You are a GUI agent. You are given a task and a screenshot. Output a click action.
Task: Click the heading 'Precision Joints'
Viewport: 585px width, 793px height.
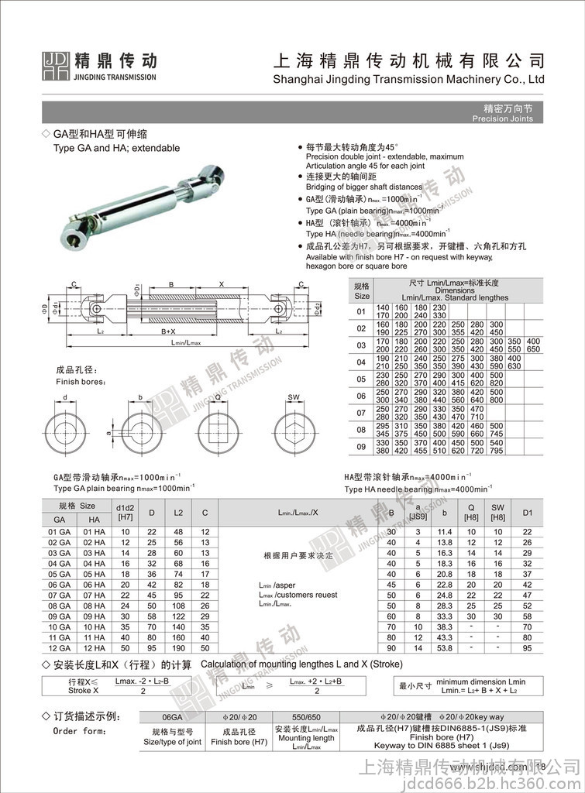click(508, 118)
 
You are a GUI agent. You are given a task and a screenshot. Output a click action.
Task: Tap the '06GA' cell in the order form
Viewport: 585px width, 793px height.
click(172, 716)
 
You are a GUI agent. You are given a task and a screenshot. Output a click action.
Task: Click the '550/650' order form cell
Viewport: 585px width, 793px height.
click(305, 716)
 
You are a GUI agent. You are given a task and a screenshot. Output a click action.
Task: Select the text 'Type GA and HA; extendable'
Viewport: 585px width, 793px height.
click(116, 148)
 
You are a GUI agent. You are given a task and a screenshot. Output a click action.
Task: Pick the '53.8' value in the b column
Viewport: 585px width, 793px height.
click(444, 647)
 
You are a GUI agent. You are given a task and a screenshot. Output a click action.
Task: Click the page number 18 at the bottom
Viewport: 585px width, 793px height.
click(540, 767)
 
